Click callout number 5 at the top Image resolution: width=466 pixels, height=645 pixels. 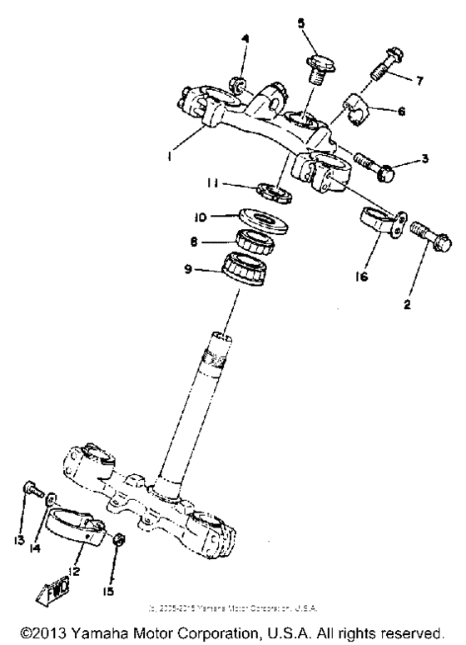[300, 24]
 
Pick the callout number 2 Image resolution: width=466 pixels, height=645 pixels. [408, 305]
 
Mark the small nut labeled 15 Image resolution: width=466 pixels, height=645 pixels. [119, 539]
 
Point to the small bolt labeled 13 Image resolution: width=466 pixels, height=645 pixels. [32, 491]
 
